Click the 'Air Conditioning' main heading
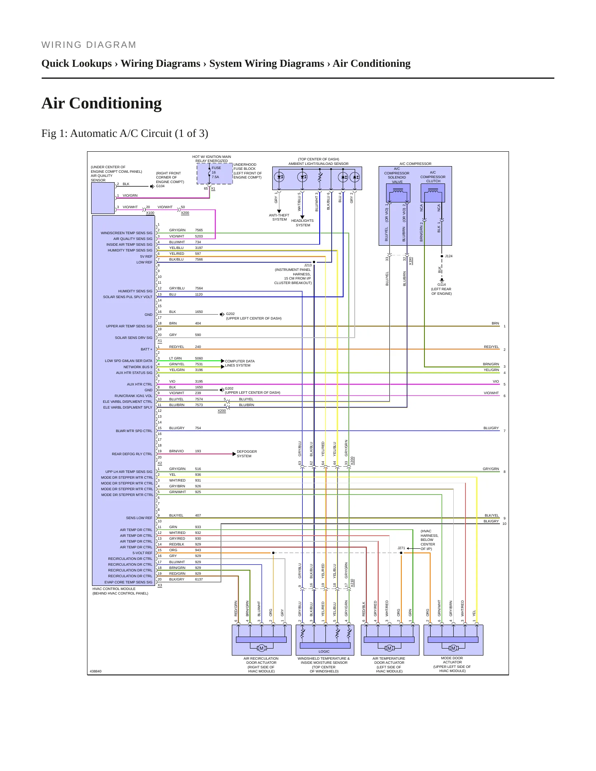101,103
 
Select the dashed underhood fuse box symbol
215,174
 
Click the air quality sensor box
103,198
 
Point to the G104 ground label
160,186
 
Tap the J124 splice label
449,256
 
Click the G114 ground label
441,284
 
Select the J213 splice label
308,265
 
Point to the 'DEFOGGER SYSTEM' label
247,454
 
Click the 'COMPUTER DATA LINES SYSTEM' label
240,363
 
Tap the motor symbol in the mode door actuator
453,648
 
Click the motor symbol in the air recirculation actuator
261,648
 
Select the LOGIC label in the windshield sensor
324,651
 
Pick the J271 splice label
401,548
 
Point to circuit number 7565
199,230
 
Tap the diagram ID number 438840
95,671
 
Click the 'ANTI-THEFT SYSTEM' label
279,217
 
